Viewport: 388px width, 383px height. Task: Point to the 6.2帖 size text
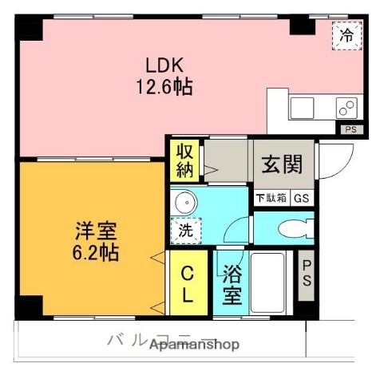(x=95, y=253)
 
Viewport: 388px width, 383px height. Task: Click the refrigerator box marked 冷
(x=346, y=35)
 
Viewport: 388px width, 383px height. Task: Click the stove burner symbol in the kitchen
(x=346, y=107)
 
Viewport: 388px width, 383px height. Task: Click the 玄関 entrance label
(x=282, y=167)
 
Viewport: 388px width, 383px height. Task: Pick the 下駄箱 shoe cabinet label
(x=271, y=199)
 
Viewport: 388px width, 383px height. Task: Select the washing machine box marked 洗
(x=186, y=231)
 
